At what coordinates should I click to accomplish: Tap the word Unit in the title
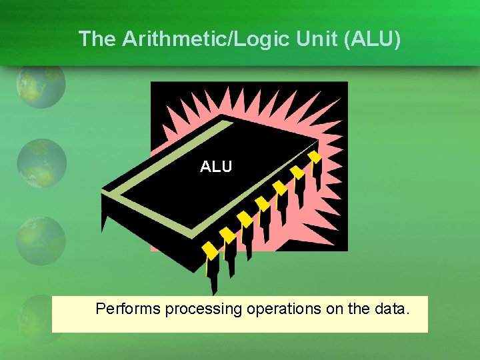coord(304,39)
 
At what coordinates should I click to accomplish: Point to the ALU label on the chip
coord(216,167)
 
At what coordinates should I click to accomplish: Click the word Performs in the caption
coord(128,309)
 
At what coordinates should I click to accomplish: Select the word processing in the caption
coord(203,309)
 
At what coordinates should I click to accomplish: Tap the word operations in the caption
coord(283,309)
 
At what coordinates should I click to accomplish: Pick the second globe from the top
coord(41,163)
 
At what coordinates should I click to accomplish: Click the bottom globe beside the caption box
coord(37,313)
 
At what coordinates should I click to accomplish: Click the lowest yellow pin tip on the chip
coord(211,251)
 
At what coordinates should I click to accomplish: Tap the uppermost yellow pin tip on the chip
coord(315,157)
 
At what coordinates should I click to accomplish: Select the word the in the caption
coord(359,309)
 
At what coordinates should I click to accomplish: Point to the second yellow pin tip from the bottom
coord(228,235)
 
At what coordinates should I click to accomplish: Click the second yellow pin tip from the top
coord(298,173)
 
